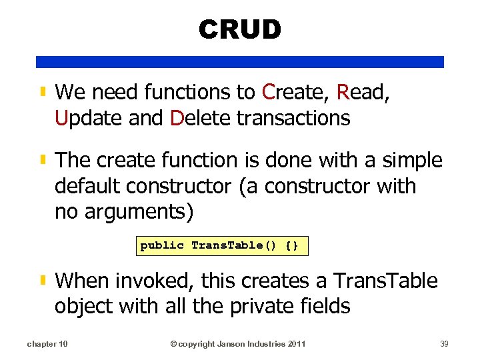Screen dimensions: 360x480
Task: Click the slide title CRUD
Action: point(240,29)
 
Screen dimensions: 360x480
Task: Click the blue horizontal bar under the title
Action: point(240,62)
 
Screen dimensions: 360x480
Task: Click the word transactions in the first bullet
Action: point(293,118)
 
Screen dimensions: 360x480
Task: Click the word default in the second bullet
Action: point(86,187)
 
